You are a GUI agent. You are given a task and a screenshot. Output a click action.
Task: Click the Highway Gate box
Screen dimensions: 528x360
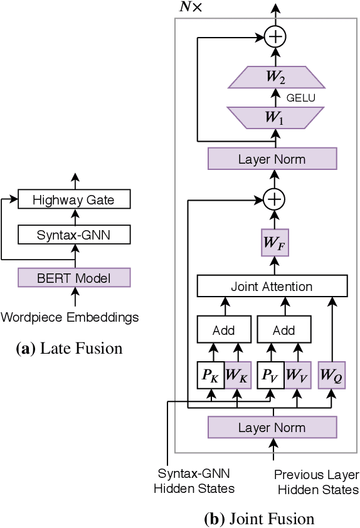[73, 201]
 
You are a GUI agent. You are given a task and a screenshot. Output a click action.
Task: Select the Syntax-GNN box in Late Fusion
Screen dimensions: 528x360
[73, 236]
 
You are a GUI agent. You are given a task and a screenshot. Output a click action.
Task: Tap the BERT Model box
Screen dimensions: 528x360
[73, 278]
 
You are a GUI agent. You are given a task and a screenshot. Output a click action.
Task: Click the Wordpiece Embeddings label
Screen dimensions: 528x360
[70, 317]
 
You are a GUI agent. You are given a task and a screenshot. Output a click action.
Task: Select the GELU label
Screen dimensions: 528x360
[300, 98]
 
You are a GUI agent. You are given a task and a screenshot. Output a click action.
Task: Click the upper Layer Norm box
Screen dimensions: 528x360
[272, 159]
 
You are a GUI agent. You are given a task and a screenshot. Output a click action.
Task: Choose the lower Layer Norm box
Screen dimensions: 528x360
[272, 428]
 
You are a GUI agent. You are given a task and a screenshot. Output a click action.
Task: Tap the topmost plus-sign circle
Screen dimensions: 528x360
[273, 37]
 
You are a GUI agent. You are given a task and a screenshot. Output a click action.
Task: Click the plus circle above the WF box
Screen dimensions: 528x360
[273, 200]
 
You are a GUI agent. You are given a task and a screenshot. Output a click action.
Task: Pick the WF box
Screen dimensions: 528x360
[273, 243]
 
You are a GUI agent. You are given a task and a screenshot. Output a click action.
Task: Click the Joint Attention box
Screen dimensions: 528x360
[272, 287]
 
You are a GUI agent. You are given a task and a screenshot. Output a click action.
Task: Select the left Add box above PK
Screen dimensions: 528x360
[223, 330]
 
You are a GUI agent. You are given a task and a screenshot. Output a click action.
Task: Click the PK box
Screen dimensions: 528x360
[211, 376]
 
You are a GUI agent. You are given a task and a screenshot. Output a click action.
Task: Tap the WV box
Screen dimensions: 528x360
[297, 376]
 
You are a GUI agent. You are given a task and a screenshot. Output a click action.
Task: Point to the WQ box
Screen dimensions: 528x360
[332, 376]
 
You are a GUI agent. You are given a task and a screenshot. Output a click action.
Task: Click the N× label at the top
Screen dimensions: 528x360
[190, 8]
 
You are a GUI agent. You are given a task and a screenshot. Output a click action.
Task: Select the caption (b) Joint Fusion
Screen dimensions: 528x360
[259, 519]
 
